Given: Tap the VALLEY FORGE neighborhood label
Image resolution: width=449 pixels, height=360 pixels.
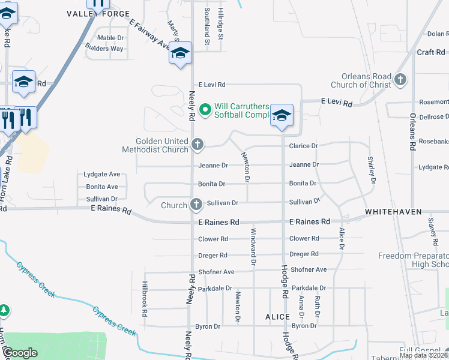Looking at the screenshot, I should tap(98, 14).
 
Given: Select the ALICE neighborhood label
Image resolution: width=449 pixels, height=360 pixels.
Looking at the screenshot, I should tap(277, 316).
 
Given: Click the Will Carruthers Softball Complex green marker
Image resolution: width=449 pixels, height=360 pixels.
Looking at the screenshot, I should tap(205, 109).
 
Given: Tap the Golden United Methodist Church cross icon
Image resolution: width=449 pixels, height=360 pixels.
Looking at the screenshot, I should tap(197, 144).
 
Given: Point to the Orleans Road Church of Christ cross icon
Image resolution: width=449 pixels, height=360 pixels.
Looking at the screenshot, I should tap(400, 79).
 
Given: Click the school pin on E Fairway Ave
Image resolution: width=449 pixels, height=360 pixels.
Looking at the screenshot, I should tap(179, 53).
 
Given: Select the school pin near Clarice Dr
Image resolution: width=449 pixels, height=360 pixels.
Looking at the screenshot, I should tap(282, 115).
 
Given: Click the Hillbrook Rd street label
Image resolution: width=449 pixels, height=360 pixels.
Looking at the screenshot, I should tap(145, 294).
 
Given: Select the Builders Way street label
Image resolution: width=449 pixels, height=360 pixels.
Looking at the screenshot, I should tap(107, 49).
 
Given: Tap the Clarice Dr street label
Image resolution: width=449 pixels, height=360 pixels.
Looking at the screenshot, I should tap(303, 146).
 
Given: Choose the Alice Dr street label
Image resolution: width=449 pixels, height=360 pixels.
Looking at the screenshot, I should tap(342, 239).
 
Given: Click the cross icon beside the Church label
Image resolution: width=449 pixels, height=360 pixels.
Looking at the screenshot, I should tap(196, 205).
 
